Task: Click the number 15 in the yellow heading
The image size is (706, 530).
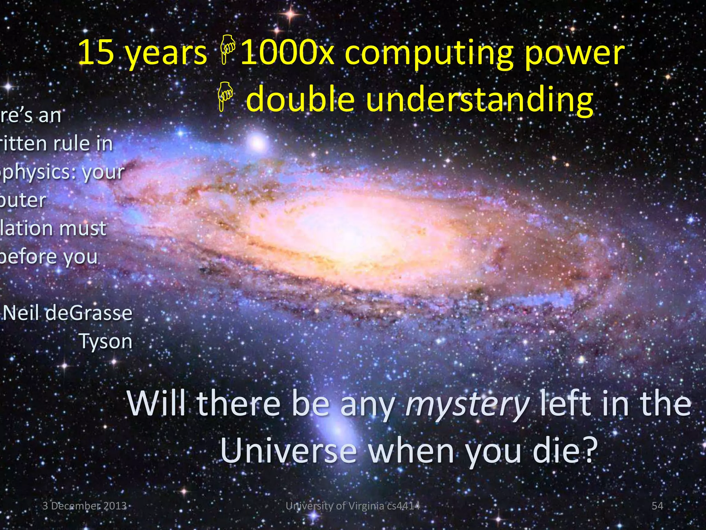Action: point(96,53)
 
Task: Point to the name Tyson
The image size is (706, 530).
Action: point(106,342)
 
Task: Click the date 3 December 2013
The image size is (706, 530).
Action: point(84,506)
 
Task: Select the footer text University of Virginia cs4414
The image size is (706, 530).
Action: point(353,506)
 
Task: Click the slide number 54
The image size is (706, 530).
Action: point(657,506)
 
